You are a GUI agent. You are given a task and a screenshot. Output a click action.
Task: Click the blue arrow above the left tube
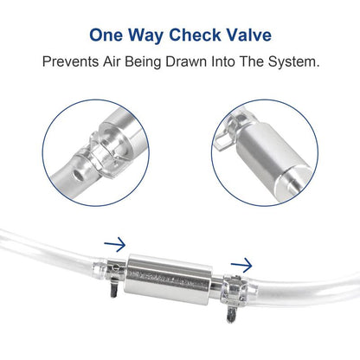(114, 245)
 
